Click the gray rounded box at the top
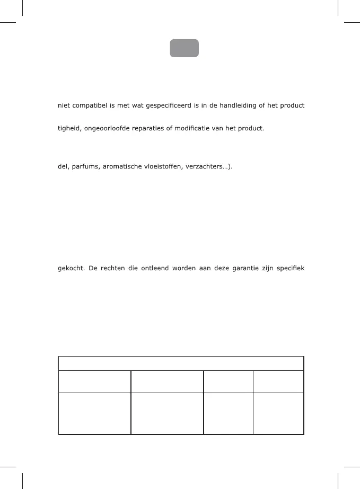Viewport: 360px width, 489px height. tap(184, 48)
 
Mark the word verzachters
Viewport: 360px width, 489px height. tap(215, 166)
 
